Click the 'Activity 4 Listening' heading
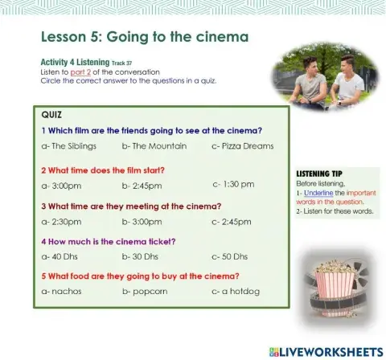click(75, 62)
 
